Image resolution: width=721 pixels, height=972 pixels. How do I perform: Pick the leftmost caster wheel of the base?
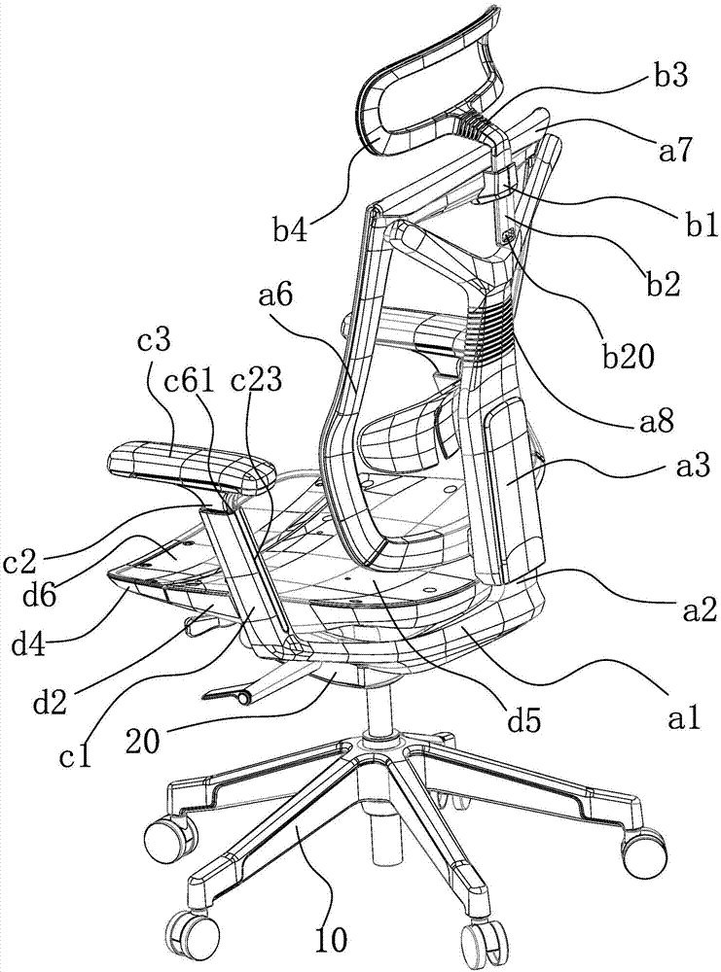pyautogui.click(x=162, y=837)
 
